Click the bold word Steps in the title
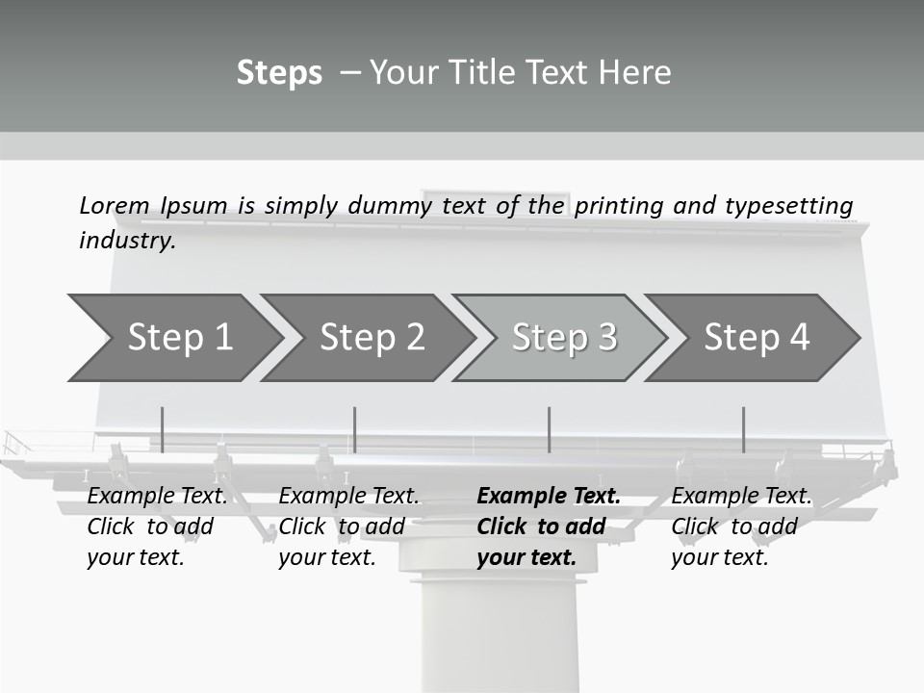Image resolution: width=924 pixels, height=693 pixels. tap(279, 73)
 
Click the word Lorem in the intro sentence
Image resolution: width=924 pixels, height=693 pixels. tap(115, 206)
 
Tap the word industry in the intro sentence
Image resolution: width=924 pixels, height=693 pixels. tap(127, 241)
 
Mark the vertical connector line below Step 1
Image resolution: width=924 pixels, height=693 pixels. tap(162, 429)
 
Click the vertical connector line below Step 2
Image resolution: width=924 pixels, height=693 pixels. tap(355, 429)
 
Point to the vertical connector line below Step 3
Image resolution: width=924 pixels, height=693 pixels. tap(549, 429)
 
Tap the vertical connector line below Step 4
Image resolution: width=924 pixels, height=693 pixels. tap(743, 429)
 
